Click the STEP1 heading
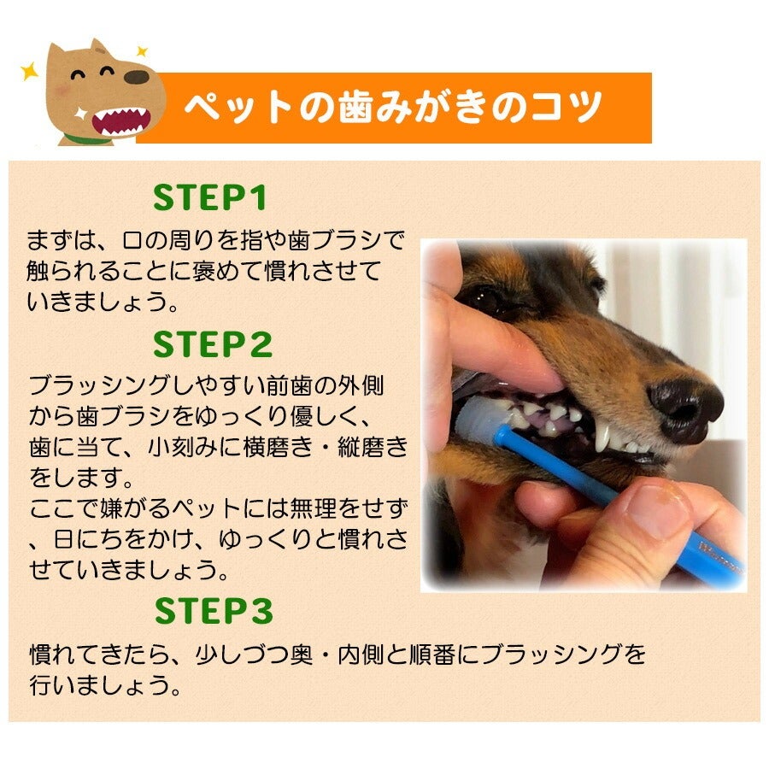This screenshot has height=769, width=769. pyautogui.click(x=209, y=197)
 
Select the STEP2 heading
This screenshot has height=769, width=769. pyautogui.click(x=213, y=344)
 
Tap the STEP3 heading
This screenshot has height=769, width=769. pyautogui.click(x=214, y=611)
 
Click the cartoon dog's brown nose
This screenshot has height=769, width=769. pyautogui.click(x=137, y=77)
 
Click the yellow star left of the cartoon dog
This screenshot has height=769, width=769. pyautogui.click(x=29, y=71)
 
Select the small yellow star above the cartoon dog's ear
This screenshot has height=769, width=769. pyautogui.click(x=142, y=51)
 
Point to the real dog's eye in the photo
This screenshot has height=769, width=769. pyautogui.click(x=483, y=296)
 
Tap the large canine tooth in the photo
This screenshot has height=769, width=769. pyautogui.click(x=602, y=436)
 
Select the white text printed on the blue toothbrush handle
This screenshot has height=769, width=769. pyautogui.click(x=720, y=556)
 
